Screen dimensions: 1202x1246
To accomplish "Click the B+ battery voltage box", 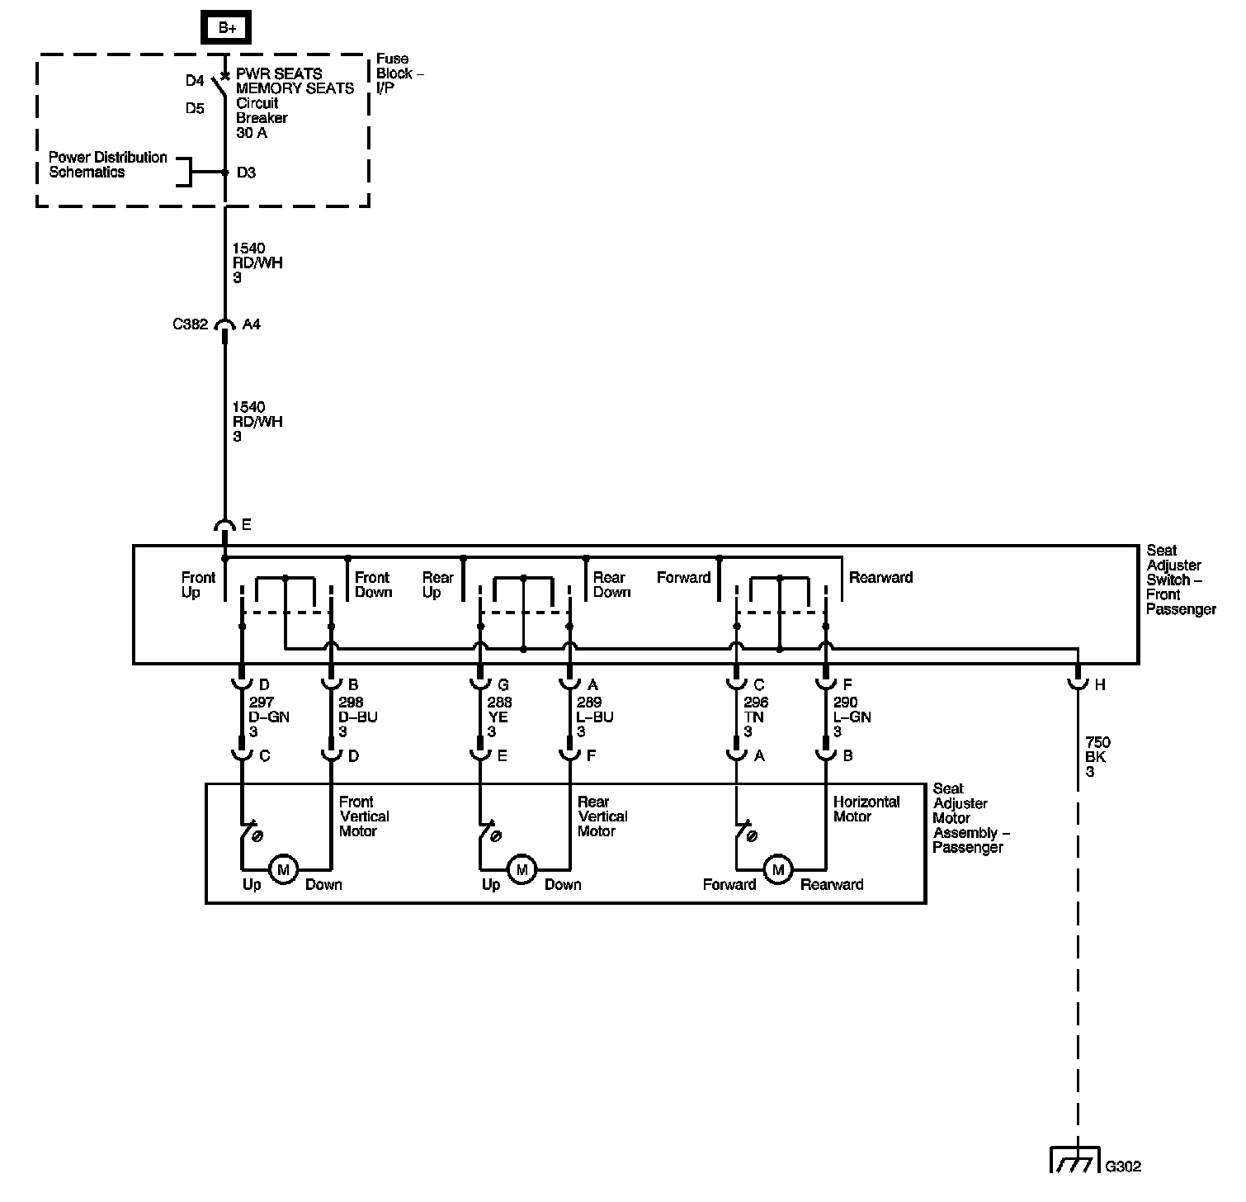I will (226, 28).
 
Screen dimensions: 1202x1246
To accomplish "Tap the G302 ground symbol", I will (1076, 1159).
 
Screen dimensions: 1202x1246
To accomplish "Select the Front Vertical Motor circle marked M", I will (283, 869).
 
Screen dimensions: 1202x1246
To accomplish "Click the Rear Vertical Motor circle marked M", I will (522, 869).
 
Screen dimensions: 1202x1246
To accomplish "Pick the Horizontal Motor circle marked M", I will (777, 869).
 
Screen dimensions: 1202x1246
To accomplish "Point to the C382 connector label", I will (190, 324).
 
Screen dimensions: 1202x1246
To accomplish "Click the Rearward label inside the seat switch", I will (880, 577).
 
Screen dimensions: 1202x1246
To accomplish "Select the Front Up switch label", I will (198, 584).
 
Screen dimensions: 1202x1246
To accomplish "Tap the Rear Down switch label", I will (611, 584).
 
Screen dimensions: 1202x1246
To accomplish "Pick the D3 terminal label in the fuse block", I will (246, 173).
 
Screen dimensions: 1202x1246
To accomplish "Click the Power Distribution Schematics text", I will (107, 164).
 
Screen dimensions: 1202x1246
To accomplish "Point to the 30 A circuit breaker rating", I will (252, 133).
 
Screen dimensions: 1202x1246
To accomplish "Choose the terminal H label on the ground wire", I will (1099, 684).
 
